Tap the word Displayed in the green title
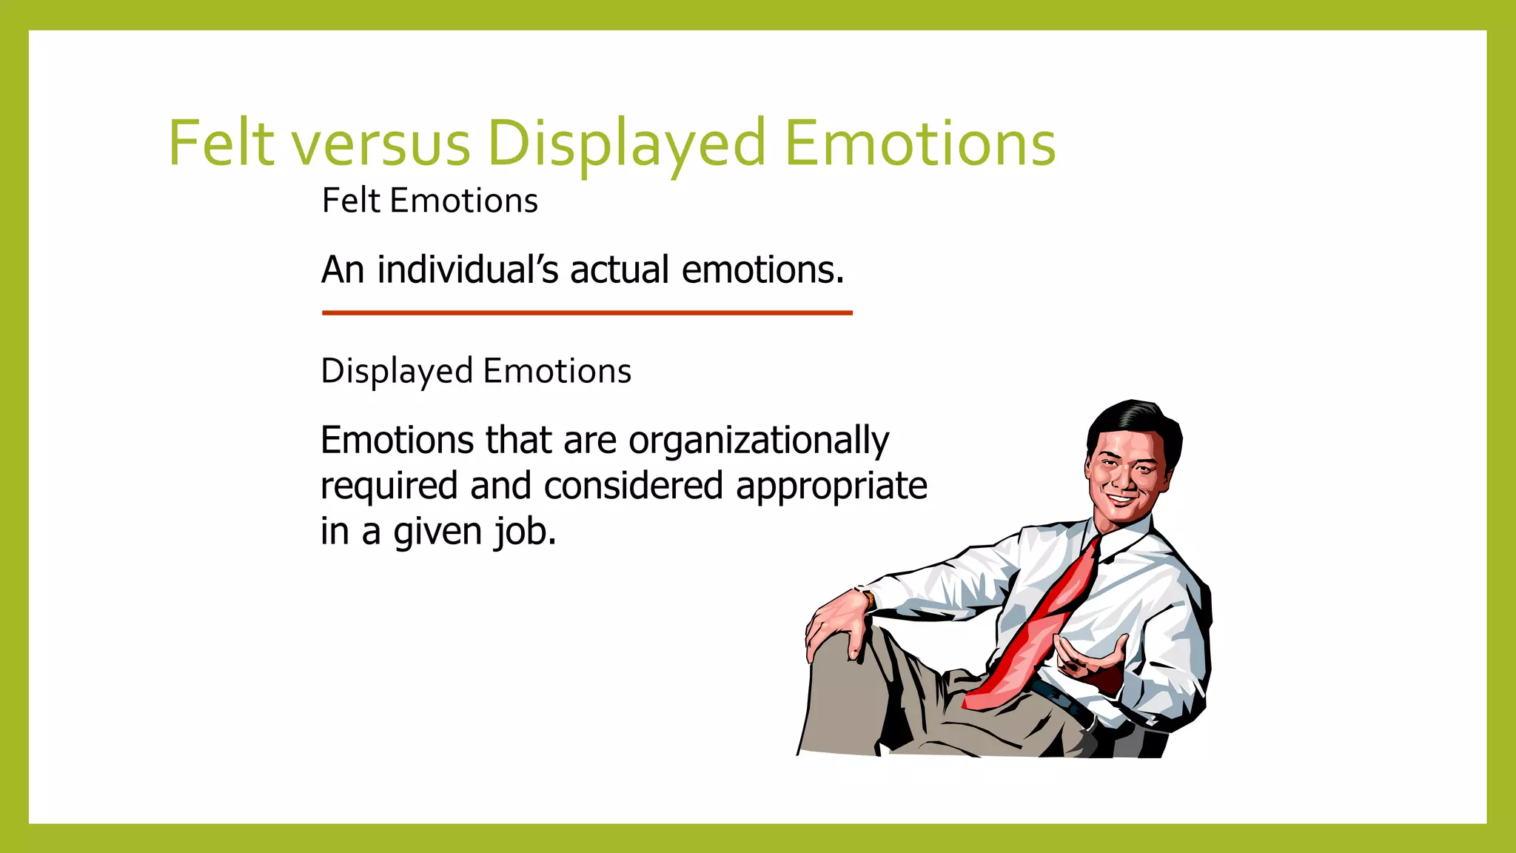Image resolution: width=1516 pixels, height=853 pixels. [x=626, y=144]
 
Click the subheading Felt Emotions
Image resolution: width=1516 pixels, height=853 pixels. [x=429, y=201]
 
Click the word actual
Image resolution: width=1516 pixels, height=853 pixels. [x=620, y=270]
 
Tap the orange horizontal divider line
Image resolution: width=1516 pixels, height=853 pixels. [x=587, y=313]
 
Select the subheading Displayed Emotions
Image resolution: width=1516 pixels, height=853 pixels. [x=476, y=371]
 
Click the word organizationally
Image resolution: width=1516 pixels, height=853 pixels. [x=759, y=441]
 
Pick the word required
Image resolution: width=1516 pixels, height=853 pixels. [x=389, y=486]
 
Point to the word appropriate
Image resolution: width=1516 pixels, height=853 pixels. [x=831, y=487]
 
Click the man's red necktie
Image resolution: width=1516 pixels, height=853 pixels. [x=1040, y=629]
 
